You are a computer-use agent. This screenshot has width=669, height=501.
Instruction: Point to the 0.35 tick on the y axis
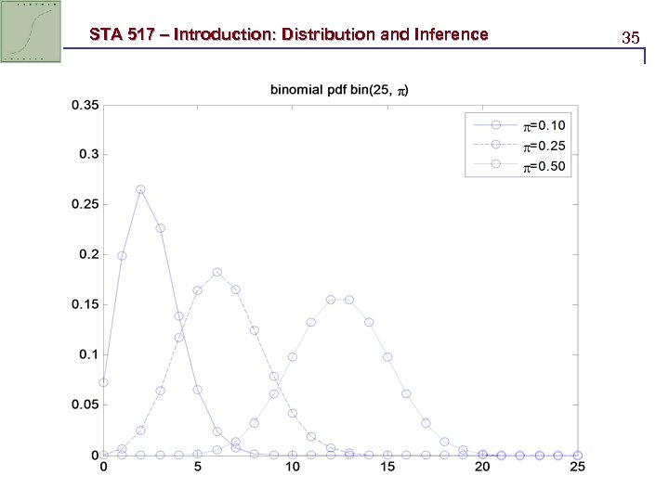85,105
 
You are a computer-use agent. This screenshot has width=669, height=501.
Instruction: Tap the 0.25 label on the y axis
85,204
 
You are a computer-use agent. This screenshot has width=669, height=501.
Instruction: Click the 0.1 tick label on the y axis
88,354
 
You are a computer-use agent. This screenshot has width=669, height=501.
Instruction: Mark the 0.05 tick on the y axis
85,405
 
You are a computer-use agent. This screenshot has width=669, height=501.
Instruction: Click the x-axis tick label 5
198,469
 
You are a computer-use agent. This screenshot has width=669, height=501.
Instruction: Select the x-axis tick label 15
387,469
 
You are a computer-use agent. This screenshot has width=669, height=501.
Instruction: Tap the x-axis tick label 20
482,469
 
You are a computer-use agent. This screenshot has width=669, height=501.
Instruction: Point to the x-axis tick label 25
577,469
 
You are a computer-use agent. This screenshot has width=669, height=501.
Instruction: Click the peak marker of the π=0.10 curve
140,189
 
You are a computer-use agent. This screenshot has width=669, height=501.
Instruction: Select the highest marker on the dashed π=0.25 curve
216,273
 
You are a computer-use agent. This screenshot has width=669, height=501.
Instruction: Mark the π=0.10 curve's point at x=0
103,382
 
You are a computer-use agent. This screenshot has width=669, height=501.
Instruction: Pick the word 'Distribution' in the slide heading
331,35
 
